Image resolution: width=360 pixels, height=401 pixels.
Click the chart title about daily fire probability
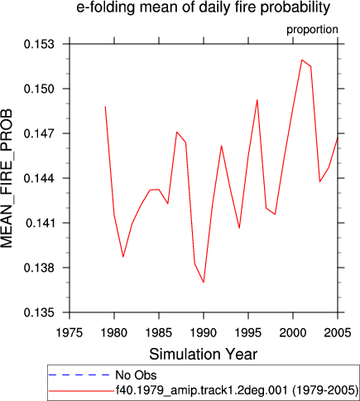(x=204, y=7)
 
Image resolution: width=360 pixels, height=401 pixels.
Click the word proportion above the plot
(x=312, y=30)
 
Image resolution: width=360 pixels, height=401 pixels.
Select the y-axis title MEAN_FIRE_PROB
(x=7, y=178)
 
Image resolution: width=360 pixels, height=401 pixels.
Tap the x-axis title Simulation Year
(x=204, y=355)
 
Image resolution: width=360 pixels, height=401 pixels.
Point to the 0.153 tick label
(x=39, y=44)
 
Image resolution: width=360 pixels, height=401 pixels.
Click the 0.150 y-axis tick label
(x=39, y=89)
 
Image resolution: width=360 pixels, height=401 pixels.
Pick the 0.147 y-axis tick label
(x=39, y=133)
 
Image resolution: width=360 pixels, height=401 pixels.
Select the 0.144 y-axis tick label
(x=39, y=178)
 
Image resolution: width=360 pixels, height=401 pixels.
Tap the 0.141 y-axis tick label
(x=39, y=223)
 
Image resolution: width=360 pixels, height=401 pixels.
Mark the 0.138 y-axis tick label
(x=39, y=268)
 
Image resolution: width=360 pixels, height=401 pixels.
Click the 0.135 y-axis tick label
(x=39, y=312)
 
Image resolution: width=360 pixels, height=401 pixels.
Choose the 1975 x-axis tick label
(x=70, y=333)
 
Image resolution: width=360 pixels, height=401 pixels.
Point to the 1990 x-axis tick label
(x=204, y=333)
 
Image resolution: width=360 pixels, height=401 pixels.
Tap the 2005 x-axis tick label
(x=338, y=333)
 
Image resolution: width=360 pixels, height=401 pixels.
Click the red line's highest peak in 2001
(x=302, y=60)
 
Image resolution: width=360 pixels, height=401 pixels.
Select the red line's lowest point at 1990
(x=204, y=283)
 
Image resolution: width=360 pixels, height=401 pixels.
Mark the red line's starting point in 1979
(x=105, y=106)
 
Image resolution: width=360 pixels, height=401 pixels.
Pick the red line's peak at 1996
(x=257, y=99)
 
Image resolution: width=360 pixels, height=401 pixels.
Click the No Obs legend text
(x=136, y=375)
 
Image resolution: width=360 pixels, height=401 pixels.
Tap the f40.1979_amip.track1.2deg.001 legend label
(x=237, y=390)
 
